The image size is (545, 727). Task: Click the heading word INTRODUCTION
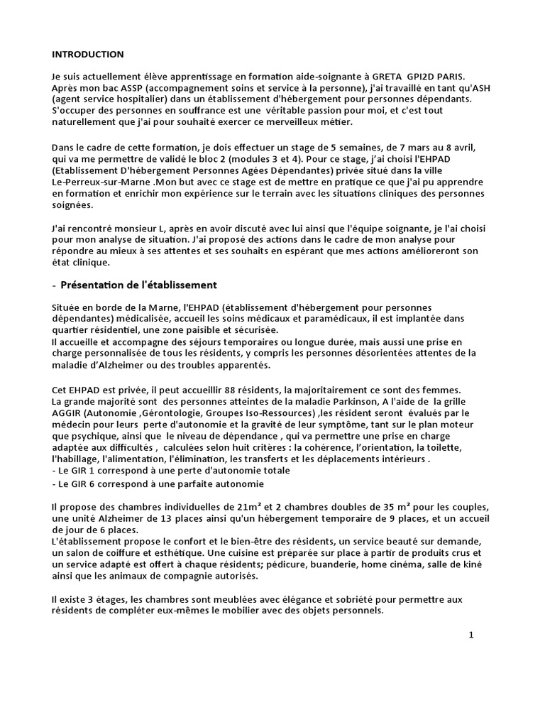88,54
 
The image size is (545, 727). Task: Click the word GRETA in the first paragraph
385,76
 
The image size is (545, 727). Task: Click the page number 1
470,635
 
